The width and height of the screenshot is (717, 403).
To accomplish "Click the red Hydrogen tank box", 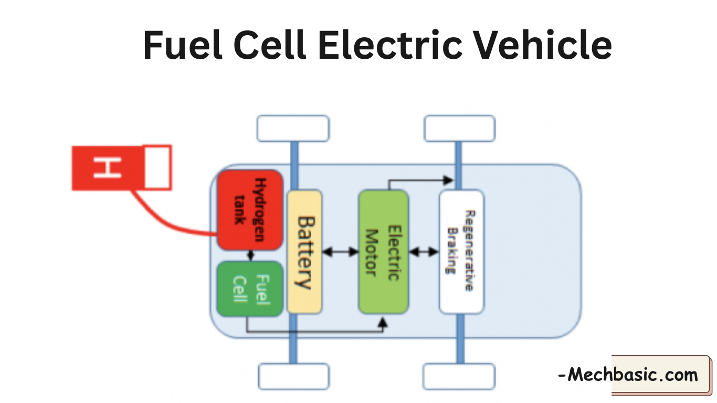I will [x=250, y=209].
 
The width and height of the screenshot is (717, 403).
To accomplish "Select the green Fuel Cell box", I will [x=250, y=289].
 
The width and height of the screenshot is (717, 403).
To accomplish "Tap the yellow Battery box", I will [x=304, y=252].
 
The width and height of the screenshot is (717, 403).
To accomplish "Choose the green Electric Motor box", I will [x=383, y=252].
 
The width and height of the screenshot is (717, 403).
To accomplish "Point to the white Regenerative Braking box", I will [x=461, y=252].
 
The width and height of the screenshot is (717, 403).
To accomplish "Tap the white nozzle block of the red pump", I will [x=157, y=167].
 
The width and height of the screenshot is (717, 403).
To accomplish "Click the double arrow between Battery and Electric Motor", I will [x=340, y=252].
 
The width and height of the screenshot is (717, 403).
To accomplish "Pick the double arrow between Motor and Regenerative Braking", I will [x=424, y=252].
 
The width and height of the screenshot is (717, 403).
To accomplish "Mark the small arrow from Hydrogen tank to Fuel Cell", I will [x=250, y=256].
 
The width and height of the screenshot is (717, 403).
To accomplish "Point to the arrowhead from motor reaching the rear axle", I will [x=448, y=181].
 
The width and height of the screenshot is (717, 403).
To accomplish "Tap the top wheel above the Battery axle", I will [x=293, y=129].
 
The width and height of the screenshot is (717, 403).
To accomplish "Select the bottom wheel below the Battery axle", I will [x=293, y=376].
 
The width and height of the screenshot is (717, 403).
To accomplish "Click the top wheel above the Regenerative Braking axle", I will [x=459, y=129].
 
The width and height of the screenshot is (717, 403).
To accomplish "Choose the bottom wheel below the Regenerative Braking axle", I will [x=459, y=376].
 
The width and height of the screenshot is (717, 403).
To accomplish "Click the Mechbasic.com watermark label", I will [x=630, y=375].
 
